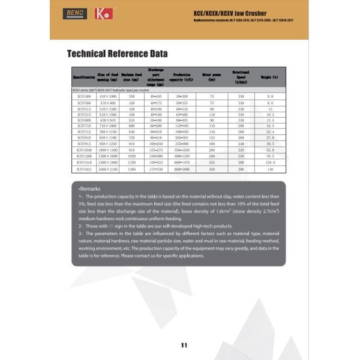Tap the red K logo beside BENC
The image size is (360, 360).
[104, 13]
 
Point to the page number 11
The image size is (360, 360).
[184, 344]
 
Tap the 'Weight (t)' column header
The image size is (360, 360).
[271, 78]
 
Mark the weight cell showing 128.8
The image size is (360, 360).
[271, 163]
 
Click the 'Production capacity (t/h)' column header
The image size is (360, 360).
[182, 78]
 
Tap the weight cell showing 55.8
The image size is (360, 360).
[271, 149]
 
